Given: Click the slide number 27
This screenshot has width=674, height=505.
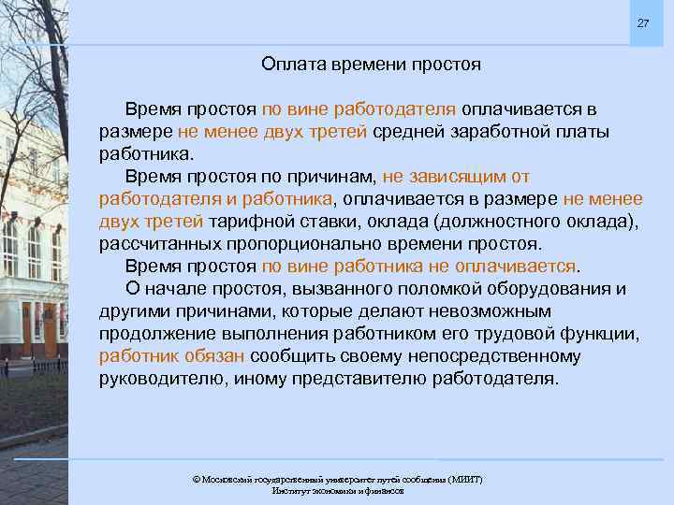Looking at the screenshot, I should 642,22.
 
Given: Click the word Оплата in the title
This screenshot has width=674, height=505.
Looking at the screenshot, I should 290,65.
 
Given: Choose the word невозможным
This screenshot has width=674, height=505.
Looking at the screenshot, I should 469,310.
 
